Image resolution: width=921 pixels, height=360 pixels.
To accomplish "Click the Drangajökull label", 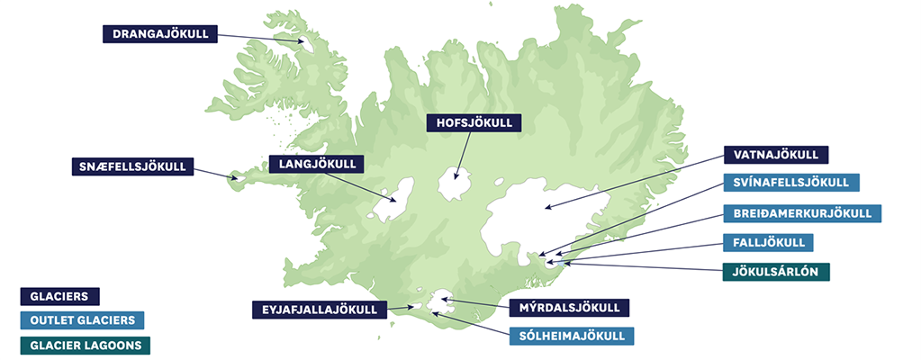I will point(160,34).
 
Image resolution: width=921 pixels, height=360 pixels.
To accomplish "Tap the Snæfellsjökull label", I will point(132,166).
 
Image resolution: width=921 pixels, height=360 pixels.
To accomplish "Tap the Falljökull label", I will point(768,242).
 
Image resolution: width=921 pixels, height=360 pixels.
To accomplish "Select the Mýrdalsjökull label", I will point(569,308).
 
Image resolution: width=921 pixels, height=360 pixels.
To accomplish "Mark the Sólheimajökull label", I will point(571,337).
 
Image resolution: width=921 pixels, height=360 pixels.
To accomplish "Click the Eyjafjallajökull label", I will point(320,310).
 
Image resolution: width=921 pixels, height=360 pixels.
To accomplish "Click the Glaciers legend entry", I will point(59,295).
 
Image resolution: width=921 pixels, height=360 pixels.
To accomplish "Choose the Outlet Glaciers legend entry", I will point(82,319).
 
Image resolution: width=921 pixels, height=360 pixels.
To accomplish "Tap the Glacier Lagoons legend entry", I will point(86,344).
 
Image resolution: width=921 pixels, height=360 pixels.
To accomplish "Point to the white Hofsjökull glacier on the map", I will point(458,185).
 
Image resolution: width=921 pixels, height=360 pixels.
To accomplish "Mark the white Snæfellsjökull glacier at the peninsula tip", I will point(239,178).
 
